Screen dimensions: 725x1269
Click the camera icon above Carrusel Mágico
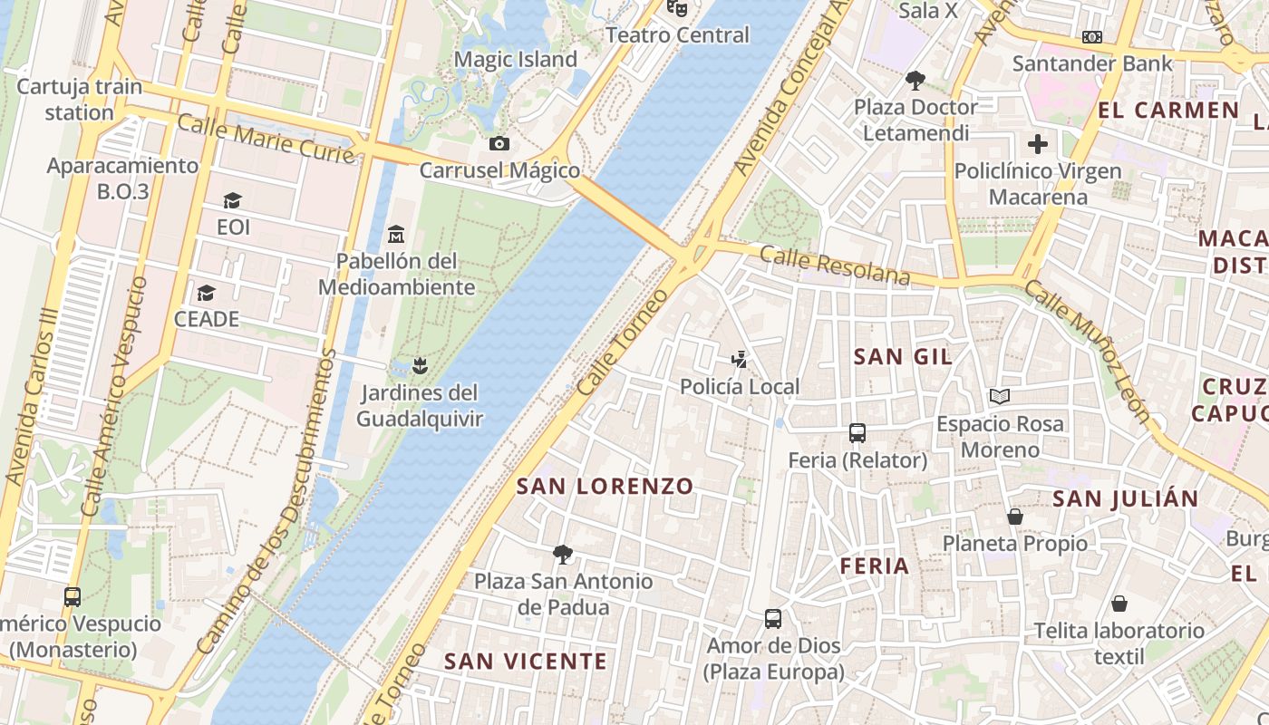coord(499,143)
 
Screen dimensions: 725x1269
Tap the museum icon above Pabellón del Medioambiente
coord(395,235)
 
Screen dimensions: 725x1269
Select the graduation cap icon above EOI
coord(233,200)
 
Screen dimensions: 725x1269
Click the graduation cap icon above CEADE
coord(207,293)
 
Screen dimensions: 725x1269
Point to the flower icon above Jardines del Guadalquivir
coord(418,365)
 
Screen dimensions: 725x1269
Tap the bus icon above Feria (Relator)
coord(857,433)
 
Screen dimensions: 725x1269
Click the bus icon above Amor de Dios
coord(773,619)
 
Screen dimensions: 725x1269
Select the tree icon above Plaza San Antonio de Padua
coord(563,554)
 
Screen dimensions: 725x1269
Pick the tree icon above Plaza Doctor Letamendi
coord(915,81)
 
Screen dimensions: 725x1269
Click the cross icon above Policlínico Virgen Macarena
coord(1038,143)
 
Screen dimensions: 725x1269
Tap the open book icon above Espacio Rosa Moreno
coord(1000,397)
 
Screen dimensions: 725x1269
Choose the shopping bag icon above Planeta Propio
coord(1015,517)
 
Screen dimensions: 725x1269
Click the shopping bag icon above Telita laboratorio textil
coord(1119,604)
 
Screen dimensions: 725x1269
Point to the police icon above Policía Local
coord(740,360)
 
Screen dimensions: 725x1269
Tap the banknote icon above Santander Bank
coord(1092,37)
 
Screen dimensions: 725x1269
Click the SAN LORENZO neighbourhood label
coord(605,487)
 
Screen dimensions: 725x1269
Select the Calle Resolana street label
coord(835,266)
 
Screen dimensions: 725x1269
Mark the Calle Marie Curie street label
coord(266,139)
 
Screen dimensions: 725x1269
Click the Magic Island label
coord(515,60)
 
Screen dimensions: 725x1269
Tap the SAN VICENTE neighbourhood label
coord(526,662)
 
